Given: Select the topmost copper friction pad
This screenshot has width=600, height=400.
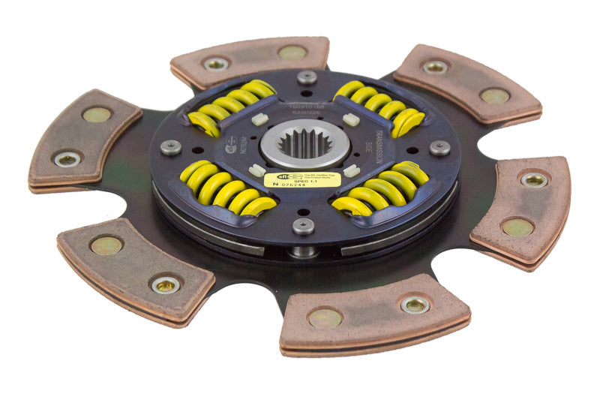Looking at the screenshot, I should point(250,59).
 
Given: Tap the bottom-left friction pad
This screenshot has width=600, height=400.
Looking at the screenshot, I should point(135,266).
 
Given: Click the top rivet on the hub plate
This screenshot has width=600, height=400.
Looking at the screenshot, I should point(307,77).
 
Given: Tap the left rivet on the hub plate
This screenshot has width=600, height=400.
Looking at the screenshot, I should point(171,147).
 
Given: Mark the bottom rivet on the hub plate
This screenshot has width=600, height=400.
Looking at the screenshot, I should point(303,226).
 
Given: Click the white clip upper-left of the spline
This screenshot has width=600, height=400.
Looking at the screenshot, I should point(260,119).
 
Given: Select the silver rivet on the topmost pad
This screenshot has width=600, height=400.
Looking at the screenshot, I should point(216,65).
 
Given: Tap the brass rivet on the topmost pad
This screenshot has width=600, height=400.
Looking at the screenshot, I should point(292,52).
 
